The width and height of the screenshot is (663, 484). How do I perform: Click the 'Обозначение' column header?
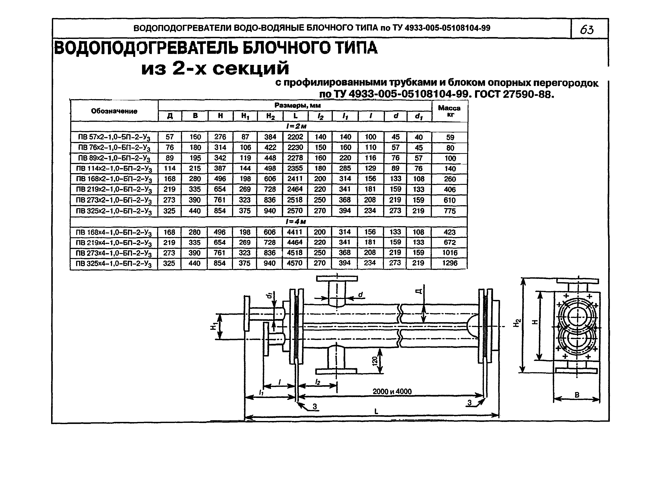point(114,111)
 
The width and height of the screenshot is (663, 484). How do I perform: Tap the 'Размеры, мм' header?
point(297,105)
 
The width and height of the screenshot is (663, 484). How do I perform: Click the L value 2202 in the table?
point(295,137)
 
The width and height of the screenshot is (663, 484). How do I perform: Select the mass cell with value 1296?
point(450,263)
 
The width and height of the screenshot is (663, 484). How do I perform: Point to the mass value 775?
point(450,211)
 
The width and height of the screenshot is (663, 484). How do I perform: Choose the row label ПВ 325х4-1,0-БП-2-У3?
point(114,264)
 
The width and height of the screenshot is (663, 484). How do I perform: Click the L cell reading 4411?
point(295,232)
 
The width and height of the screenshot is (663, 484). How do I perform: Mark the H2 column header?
point(270,116)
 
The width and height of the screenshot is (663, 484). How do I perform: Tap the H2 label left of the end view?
point(517,323)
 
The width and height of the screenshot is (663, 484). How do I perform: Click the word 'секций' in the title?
point(251,69)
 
